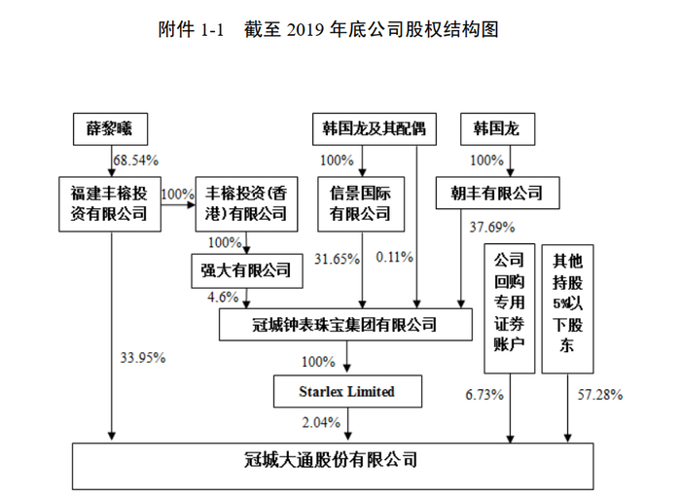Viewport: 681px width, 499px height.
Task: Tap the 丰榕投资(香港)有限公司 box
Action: (242, 202)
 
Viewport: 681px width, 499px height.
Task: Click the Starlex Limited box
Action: (347, 391)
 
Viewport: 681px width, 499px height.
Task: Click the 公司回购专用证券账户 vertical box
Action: (510, 309)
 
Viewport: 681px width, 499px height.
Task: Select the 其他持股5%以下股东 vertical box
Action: (567, 309)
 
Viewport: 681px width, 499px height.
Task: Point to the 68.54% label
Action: (136, 158)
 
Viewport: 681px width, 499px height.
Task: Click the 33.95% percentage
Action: (141, 357)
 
